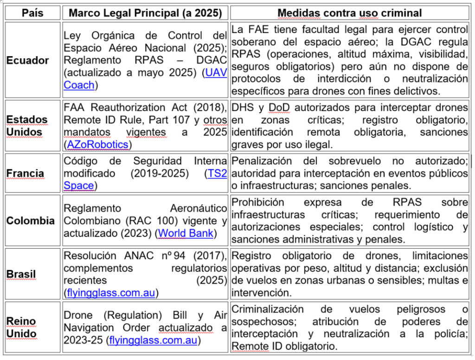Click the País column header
[x=32, y=13]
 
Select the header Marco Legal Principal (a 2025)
[x=145, y=13]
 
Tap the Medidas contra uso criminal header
[x=350, y=13]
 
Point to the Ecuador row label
[x=28, y=60]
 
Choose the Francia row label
[x=26, y=174]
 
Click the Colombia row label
[x=31, y=221]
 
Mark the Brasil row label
[x=21, y=274]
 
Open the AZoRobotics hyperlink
[x=97, y=144]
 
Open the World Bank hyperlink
[x=186, y=233]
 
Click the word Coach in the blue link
[x=79, y=85]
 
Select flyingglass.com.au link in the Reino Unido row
[x=153, y=340]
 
